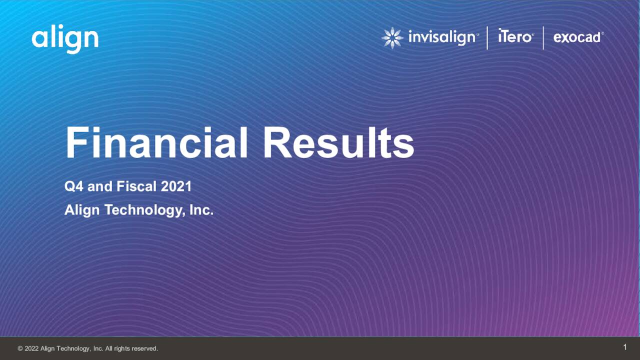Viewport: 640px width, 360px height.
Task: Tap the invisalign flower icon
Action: [x=392, y=38]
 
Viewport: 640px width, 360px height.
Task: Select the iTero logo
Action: [x=515, y=36]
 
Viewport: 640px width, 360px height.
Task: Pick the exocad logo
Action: [x=578, y=37]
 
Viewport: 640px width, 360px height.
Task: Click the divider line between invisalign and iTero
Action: [x=487, y=38]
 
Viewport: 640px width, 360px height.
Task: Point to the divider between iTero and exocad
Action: [x=543, y=38]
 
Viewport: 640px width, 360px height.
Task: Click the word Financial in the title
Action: [x=156, y=143]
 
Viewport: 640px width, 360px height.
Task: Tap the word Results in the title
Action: [x=338, y=143]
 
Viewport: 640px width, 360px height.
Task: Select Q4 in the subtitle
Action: [x=74, y=187]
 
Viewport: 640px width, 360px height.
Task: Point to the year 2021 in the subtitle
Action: [x=176, y=187]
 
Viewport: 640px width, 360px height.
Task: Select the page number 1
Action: [x=625, y=347]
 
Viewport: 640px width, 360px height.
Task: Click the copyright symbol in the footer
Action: [x=20, y=348]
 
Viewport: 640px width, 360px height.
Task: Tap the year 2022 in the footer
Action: [x=31, y=348]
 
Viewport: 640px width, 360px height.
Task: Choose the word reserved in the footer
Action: [x=144, y=348]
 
